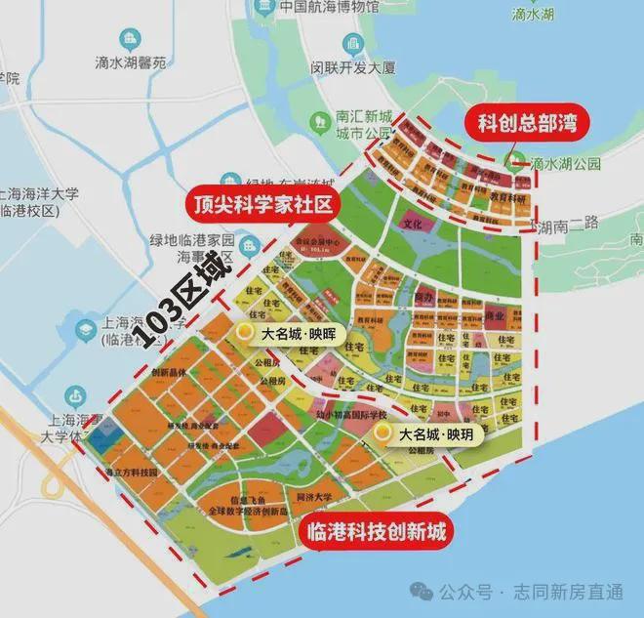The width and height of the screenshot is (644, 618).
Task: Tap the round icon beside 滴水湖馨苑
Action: click(x=128, y=40)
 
